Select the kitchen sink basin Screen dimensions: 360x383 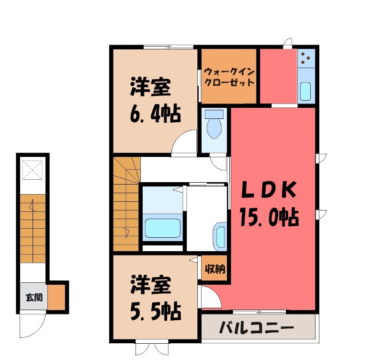pyautogui.click(x=305, y=91)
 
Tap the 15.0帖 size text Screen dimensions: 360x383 pyautogui.click(x=269, y=218)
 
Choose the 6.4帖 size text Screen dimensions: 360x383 pyautogui.click(x=154, y=115)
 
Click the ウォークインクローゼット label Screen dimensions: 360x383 pyautogui.click(x=229, y=77)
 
